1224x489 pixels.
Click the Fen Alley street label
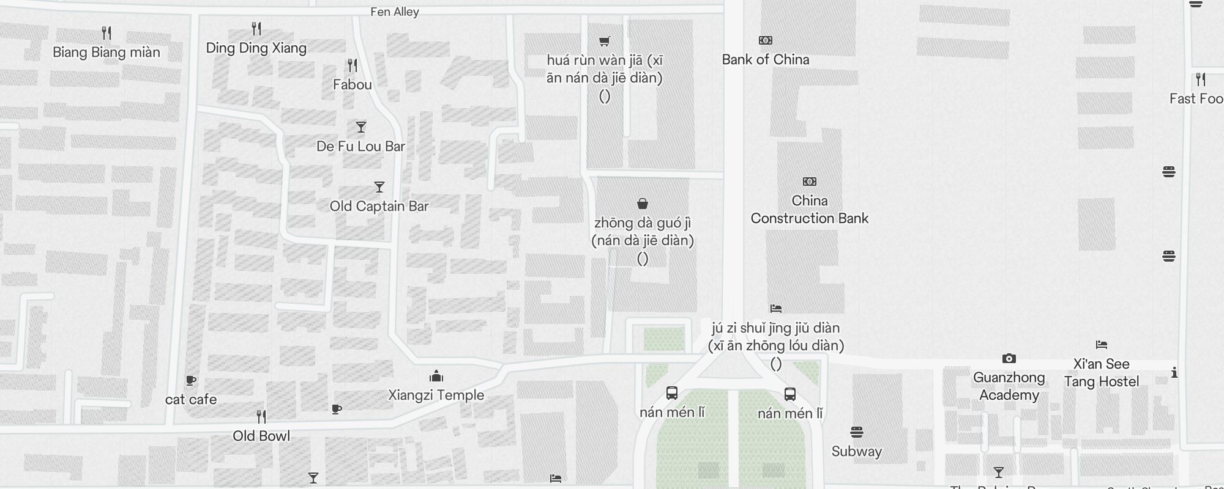(x=395, y=12)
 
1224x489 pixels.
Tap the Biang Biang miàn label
(x=106, y=53)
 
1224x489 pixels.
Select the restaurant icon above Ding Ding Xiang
(x=256, y=29)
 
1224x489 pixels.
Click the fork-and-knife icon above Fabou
(x=353, y=65)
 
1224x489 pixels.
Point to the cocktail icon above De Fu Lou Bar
(x=361, y=127)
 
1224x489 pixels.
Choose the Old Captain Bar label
(x=379, y=206)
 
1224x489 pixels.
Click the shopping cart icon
(x=605, y=41)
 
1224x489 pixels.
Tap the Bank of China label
(x=765, y=59)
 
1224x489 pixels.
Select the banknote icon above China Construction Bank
(x=809, y=182)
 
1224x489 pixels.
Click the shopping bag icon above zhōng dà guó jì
(x=643, y=204)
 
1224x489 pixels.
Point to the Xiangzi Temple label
(x=436, y=395)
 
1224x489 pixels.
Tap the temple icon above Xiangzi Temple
(x=436, y=375)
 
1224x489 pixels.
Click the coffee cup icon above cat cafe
(x=191, y=380)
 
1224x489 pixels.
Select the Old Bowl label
(x=261, y=436)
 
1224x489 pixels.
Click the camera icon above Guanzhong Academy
(x=1009, y=358)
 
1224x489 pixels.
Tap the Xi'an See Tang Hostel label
(x=1101, y=373)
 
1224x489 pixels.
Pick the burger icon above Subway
(x=857, y=433)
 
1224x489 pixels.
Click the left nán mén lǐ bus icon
(x=671, y=393)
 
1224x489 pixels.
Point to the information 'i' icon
(x=1174, y=372)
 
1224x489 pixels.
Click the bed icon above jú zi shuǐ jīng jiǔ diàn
(x=776, y=308)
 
